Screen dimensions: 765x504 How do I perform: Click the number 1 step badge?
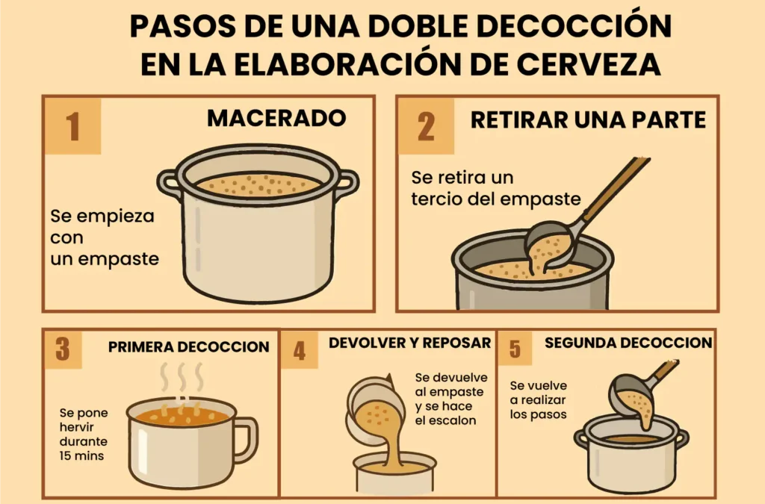coord(72,125)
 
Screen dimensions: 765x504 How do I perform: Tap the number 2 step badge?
coord(426,125)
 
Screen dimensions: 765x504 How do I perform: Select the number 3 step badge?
coord(63,349)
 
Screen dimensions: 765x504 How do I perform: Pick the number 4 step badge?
coord(300,350)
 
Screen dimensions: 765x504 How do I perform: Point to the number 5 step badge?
coord(515,349)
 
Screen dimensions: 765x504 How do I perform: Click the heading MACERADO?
coord(276,118)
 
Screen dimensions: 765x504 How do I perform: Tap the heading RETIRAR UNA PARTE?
coord(589,120)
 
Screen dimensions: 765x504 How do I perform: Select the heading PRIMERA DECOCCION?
coord(189,347)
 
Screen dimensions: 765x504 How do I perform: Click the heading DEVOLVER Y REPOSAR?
coord(410,343)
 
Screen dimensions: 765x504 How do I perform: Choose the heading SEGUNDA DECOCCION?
coord(628,343)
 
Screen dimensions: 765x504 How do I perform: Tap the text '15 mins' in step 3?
coord(81,456)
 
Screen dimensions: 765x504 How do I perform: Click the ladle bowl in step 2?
coord(551,246)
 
